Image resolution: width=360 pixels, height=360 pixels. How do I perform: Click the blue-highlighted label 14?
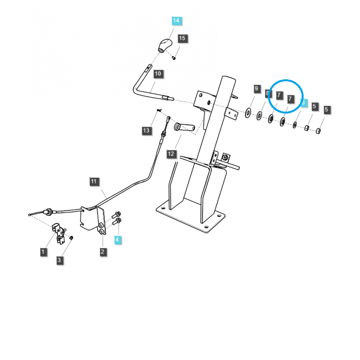[175, 21]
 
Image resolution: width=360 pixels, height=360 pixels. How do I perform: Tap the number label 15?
[181, 38]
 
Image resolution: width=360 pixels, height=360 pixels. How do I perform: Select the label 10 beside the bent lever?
[158, 73]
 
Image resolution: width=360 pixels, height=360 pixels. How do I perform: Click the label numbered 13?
[146, 130]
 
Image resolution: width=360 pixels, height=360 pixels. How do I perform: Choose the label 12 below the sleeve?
[171, 154]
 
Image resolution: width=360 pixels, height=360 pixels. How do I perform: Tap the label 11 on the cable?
[94, 182]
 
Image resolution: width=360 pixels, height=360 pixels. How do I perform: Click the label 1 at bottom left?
[43, 252]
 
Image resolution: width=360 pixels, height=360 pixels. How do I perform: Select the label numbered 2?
[103, 252]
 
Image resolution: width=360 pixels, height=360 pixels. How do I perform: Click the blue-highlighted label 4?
[117, 240]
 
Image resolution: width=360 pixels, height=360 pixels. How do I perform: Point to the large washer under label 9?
[248, 112]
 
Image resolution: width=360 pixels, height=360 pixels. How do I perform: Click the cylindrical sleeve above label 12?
[184, 128]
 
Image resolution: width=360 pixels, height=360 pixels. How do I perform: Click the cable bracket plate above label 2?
[91, 218]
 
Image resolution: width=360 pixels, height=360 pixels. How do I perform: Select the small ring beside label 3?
[71, 237]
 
